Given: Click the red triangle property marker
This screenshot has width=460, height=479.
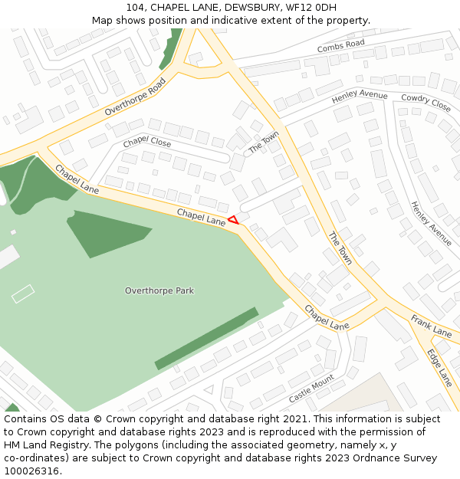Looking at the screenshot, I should click(233, 220).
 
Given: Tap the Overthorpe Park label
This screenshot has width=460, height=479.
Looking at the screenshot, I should click(159, 291).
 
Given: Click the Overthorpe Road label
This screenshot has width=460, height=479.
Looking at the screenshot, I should click(135, 97).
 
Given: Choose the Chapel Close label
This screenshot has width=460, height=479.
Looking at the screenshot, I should click(147, 142).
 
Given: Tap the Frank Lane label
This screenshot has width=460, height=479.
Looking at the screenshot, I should click(431, 325).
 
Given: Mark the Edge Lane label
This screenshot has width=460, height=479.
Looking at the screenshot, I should click(440, 367).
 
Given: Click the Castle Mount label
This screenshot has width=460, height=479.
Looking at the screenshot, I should click(311, 389).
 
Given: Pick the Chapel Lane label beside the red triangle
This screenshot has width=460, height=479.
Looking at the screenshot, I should click(201, 216).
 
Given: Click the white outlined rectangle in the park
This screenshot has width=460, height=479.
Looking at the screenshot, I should click(23, 294).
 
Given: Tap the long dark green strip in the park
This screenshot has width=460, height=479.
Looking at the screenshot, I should click(206, 339).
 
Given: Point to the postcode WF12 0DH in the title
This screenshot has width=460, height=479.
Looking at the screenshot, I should click(310, 8).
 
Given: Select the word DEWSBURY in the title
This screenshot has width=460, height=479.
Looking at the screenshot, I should click(249, 8).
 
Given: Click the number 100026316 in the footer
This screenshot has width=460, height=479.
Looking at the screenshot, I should click(31, 471).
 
